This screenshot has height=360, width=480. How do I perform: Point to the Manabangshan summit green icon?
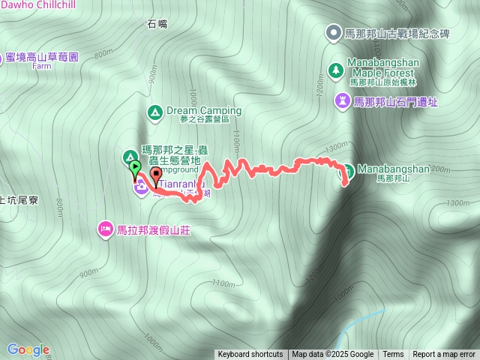coord(348,169)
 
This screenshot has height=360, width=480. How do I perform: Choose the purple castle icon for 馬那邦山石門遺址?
coord(343,100)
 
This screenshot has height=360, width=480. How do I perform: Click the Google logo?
coord(28,349)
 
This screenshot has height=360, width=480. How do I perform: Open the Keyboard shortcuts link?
coord(250,355)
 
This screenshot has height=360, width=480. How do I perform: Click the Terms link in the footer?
coord(393,355)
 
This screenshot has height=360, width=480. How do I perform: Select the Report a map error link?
coord(444,355)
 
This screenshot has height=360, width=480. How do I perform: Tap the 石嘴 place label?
coord(157,24)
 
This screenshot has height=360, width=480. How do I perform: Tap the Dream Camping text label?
coord(204,110)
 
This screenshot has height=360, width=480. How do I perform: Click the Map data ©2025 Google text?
coord(332,355)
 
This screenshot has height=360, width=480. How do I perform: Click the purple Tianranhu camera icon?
coord(140,187)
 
